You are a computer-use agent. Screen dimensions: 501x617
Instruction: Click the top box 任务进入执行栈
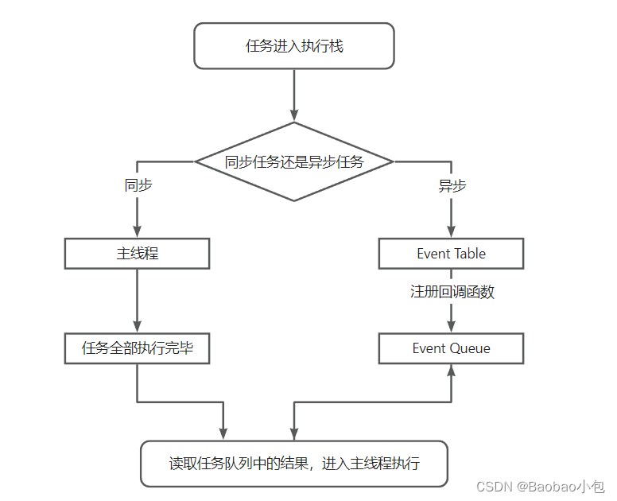[294, 45]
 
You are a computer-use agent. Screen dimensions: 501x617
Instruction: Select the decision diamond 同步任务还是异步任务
[294, 162]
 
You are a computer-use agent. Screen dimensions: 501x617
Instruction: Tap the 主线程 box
[137, 254]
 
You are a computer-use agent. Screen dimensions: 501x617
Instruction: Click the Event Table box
[451, 254]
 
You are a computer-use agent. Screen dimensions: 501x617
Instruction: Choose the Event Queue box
[451, 348]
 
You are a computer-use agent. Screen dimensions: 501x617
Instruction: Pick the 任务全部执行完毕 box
[137, 348]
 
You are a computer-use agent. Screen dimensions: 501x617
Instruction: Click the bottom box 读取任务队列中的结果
[294, 464]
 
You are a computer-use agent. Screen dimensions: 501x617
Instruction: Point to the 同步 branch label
[138, 185]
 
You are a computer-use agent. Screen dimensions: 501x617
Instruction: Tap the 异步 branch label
[452, 185]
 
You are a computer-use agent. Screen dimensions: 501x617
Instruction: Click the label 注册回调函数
[452, 292]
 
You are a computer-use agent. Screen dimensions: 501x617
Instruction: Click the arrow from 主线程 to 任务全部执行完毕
[137, 298]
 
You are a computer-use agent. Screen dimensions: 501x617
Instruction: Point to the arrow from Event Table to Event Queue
[452, 314]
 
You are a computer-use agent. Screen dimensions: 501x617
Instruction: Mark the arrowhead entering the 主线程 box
[137, 233]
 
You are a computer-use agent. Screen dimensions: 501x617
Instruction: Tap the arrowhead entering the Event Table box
[452, 233]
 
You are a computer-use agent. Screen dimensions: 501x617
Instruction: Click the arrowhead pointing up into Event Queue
[452, 370]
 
